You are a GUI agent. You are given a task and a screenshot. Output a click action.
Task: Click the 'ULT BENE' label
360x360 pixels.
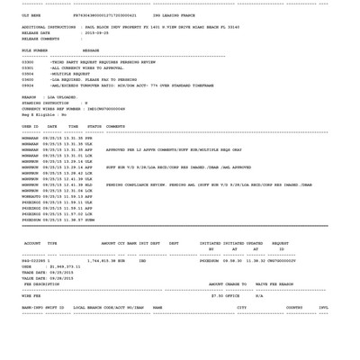[x=31, y=15]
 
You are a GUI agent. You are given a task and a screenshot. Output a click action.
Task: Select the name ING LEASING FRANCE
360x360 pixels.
[x=174, y=15]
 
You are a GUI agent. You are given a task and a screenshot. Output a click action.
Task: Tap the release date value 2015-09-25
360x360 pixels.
[x=95, y=33]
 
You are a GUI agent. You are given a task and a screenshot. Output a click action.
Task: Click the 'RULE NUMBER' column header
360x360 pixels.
[x=34, y=50]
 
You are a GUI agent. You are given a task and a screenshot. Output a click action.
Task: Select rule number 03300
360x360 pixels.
[x=28, y=62]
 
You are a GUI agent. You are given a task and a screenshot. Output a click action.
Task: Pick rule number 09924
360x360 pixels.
[x=28, y=85]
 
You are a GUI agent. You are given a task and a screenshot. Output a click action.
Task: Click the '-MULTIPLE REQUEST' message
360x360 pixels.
[x=70, y=74]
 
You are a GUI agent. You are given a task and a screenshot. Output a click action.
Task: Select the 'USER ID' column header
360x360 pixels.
[x=30, y=127]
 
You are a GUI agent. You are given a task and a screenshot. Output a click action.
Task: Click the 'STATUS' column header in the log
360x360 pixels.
[x=94, y=127]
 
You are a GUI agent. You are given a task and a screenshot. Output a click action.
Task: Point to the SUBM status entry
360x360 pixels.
[x=89, y=220]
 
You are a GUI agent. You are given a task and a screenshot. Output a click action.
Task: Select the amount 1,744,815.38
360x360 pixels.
[x=100, y=261]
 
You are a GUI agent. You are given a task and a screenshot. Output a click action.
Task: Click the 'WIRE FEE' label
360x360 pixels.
[x=31, y=295]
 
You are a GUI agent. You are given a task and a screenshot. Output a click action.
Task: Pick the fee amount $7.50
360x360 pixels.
[x=217, y=295]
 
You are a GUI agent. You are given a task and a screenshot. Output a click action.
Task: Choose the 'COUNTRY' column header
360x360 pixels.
[x=294, y=307]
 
